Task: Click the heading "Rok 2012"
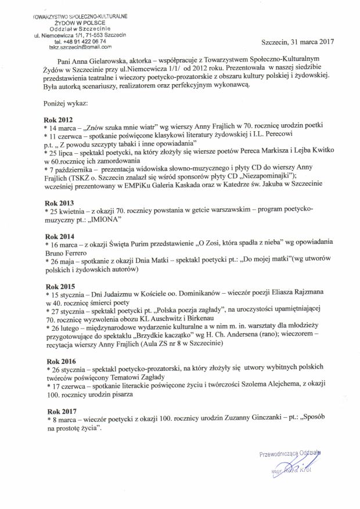tap(59, 118)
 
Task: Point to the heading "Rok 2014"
tap(59, 236)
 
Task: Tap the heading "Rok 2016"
tap(59, 360)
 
